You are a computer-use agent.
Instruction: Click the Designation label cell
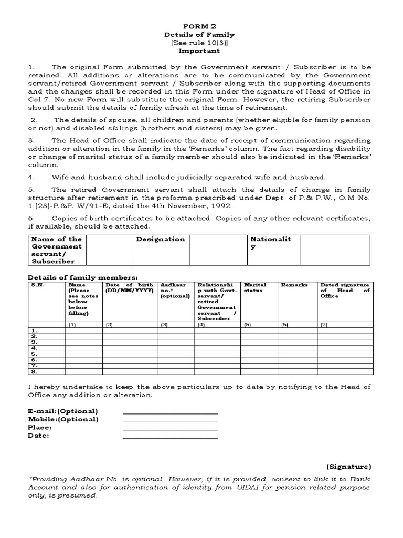coord(161,239)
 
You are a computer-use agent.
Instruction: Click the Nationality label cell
coord(271,243)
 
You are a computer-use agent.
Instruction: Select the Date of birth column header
coord(130,288)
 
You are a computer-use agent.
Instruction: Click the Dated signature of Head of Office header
coord(345,290)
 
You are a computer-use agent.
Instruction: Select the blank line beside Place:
coord(170,429)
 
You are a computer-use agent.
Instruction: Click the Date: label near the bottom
coord(39,436)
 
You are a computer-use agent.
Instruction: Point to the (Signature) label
coord(348,467)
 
